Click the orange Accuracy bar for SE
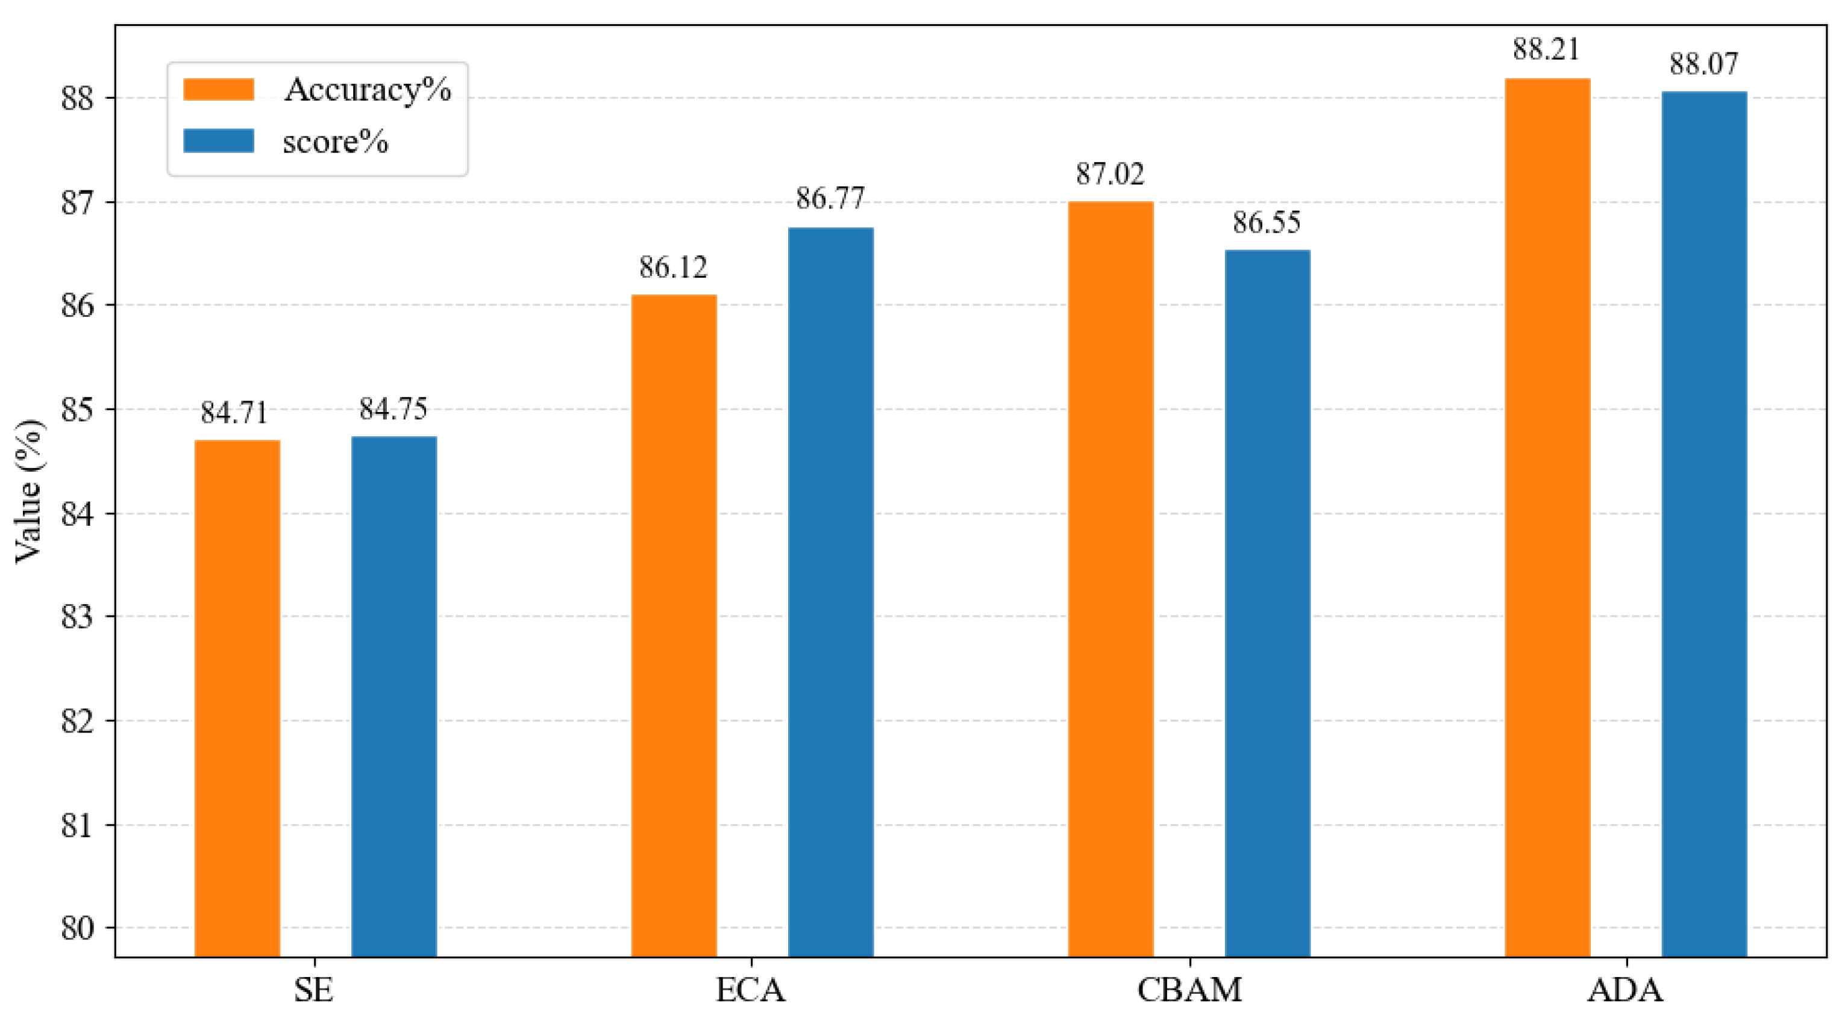click(x=237, y=699)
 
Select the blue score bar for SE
click(x=394, y=697)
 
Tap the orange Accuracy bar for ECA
click(x=674, y=626)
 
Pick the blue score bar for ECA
click(x=831, y=593)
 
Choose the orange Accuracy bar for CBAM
click(x=1111, y=579)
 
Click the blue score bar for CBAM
click(x=1268, y=604)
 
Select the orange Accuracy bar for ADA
click(x=1548, y=517)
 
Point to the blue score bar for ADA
click(x=1705, y=525)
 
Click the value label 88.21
click(x=1547, y=49)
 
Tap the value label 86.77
click(x=830, y=198)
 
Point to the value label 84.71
click(x=234, y=412)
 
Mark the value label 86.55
click(x=1267, y=222)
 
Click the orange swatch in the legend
click(x=219, y=89)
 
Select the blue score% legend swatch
click(x=219, y=140)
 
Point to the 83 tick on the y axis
click(x=77, y=617)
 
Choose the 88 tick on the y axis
click(x=77, y=99)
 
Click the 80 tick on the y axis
click(x=77, y=929)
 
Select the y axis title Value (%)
click(x=28, y=491)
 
